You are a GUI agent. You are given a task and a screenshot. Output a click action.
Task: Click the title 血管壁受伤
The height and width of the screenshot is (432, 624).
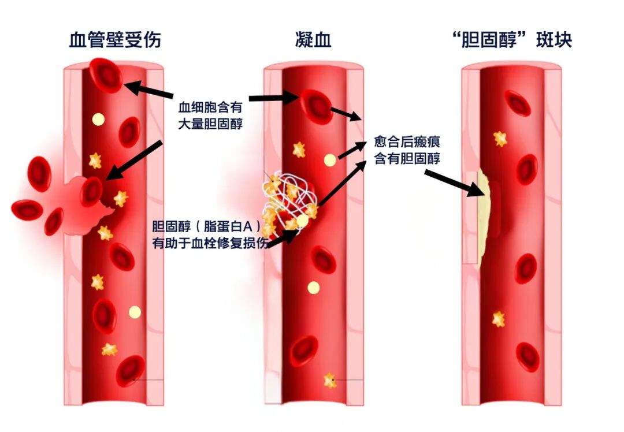coord(115,40)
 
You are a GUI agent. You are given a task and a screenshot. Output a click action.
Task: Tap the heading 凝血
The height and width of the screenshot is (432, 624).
coord(314,40)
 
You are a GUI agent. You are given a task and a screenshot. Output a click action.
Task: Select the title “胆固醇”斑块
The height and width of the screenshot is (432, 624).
coord(512,40)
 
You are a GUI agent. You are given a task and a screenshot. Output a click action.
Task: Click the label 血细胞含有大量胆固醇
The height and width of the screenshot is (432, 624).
coord(210,116)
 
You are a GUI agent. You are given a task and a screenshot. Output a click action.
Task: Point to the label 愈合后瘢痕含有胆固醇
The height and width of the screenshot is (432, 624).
coord(407,150)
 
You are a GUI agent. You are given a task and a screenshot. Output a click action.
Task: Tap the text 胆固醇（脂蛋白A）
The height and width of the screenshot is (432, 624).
coord(206,226)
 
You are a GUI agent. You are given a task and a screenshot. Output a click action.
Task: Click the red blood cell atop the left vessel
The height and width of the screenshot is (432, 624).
coord(106,75)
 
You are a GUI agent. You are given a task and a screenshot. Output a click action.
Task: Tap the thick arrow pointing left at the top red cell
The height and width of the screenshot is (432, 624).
coord(149,90)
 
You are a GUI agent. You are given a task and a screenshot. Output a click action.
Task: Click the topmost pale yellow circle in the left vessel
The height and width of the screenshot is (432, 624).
coord(98,120)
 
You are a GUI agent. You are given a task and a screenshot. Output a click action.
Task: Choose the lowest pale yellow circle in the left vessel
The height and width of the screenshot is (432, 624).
coord(135,312)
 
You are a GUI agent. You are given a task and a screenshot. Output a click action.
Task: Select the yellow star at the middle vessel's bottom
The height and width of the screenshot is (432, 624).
coord(330,381)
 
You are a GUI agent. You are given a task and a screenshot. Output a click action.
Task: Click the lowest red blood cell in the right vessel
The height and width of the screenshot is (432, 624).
coord(528,357)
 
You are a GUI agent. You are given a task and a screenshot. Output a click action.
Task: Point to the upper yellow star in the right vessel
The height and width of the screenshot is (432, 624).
coord(500,139)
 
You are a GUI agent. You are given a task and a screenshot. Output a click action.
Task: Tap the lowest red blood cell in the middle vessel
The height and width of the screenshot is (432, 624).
coord(304,351)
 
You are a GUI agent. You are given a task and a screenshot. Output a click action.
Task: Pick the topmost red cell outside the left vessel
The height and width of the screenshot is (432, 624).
coord(39,174)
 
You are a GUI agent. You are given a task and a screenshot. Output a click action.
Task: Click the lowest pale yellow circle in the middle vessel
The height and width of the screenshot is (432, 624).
coord(314,287)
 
